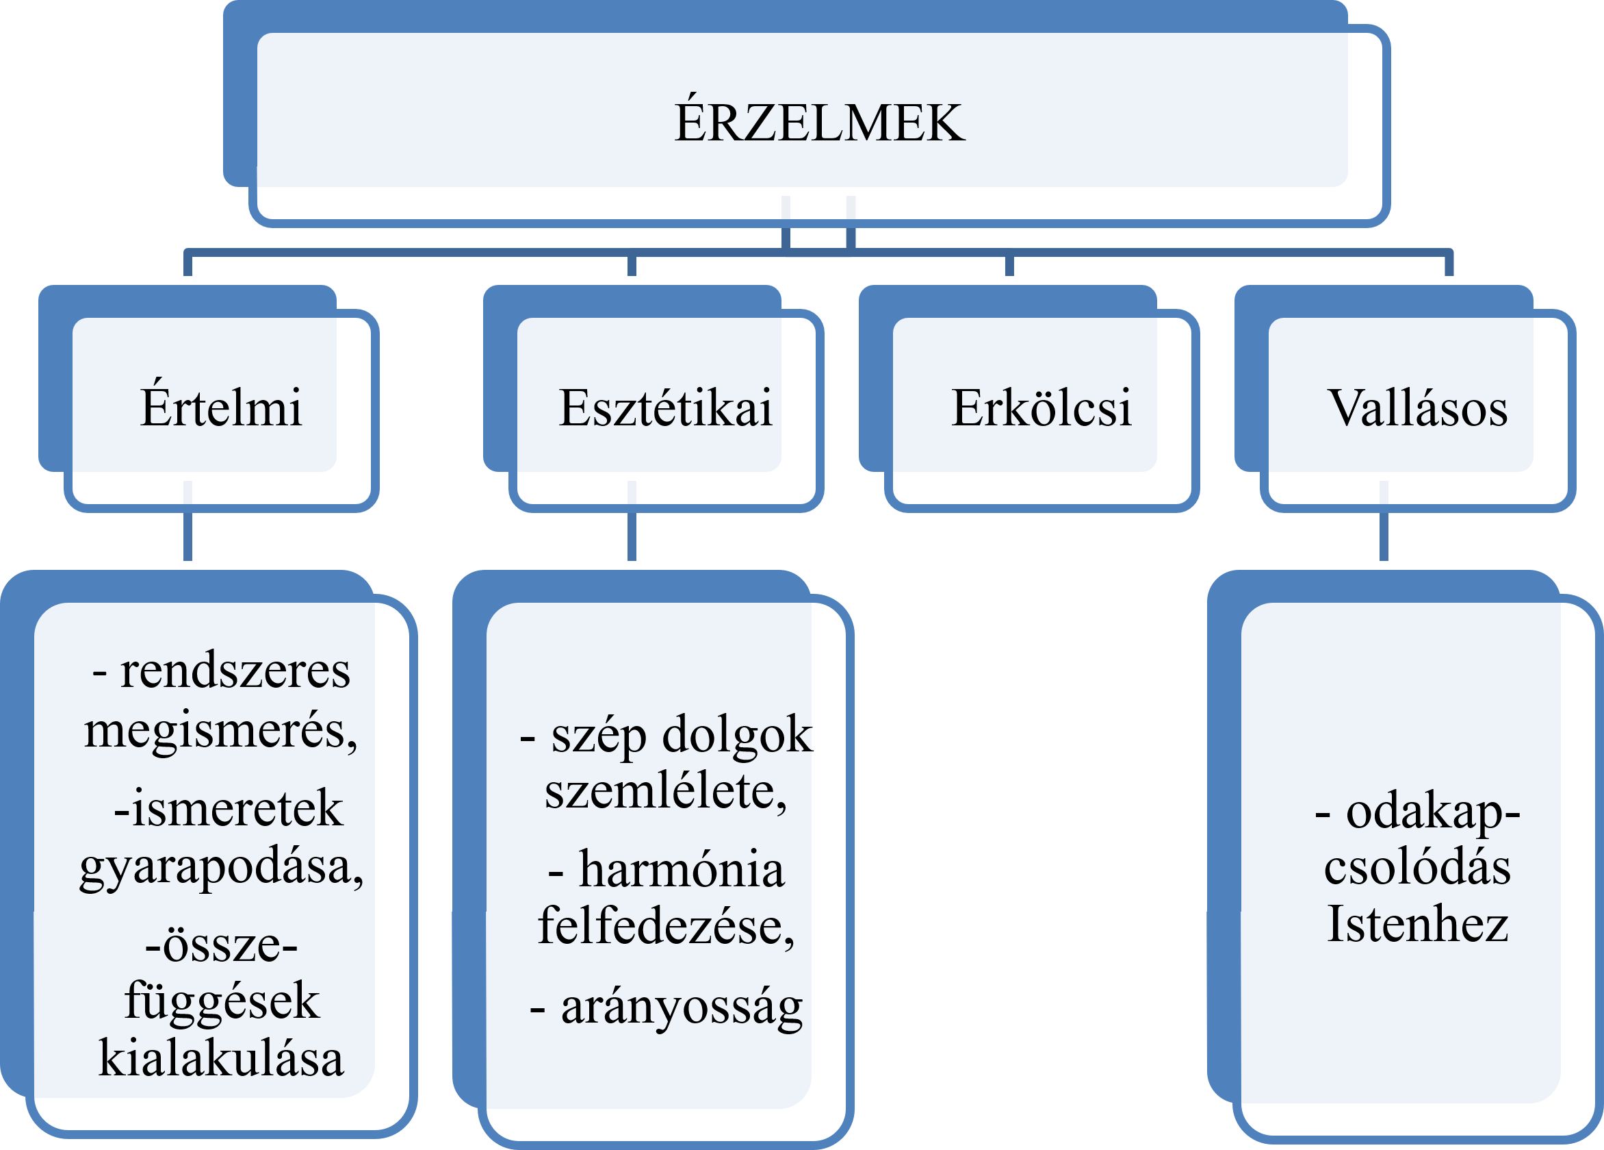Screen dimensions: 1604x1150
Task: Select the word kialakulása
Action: tap(221, 1058)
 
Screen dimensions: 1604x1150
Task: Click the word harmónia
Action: tap(681, 869)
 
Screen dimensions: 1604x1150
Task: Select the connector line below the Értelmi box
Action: tap(187, 521)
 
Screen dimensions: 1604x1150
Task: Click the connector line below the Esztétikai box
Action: tap(632, 521)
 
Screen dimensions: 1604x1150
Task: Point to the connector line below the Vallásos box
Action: tap(1384, 521)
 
